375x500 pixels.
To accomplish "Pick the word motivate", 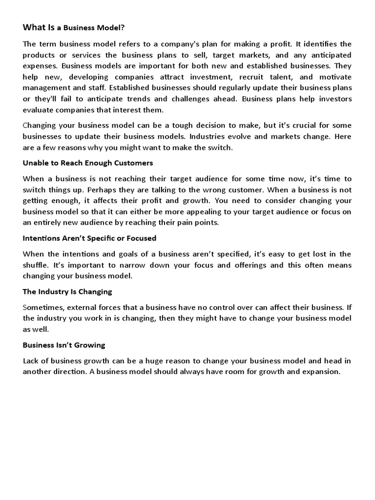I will point(334,77).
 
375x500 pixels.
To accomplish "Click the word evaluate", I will point(39,110).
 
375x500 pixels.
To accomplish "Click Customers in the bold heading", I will point(135,163).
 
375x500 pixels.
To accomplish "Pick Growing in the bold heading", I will point(90,345).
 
